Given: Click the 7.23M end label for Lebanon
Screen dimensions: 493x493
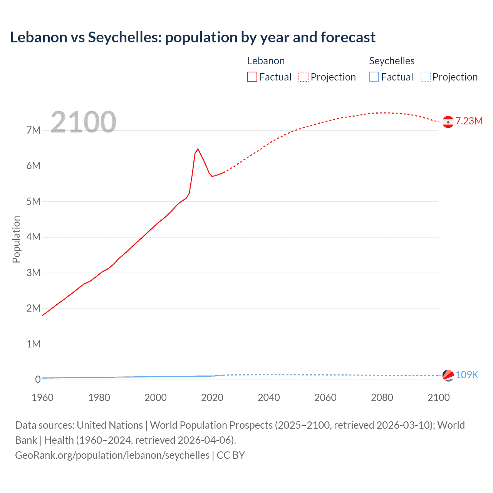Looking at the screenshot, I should point(469,121).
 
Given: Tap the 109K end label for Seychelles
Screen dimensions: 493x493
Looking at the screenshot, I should point(467,375).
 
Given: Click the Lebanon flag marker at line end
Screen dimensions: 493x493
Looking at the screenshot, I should point(448,122).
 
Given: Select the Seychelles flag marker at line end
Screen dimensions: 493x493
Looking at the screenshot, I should point(448,375).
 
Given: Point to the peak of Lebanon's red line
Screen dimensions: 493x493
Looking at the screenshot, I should point(198,149).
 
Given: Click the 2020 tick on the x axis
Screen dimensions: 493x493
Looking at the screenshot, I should point(212,397).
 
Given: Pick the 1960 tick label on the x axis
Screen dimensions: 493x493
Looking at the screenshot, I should point(42,397).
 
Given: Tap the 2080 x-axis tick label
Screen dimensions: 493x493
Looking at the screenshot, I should point(382,397).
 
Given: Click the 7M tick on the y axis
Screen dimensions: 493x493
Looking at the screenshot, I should point(34,130).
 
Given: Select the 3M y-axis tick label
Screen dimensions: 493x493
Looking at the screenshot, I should point(34,273).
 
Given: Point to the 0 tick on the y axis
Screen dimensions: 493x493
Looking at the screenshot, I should point(38,379).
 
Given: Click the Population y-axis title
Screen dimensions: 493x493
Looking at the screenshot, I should point(16,239).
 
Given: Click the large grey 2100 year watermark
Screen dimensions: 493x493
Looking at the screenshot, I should point(83,122).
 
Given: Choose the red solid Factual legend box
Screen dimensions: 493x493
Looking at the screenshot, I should point(252,77).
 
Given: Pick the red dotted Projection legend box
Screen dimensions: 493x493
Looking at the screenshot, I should point(304,77).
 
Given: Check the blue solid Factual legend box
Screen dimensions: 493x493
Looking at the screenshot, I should point(374,77).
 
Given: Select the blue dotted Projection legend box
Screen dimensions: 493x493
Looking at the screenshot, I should point(426,77).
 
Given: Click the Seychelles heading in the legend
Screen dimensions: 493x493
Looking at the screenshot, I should point(392,61).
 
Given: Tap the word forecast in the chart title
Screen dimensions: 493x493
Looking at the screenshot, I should point(348,37).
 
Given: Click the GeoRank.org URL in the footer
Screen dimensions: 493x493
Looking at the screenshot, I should point(112,455).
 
